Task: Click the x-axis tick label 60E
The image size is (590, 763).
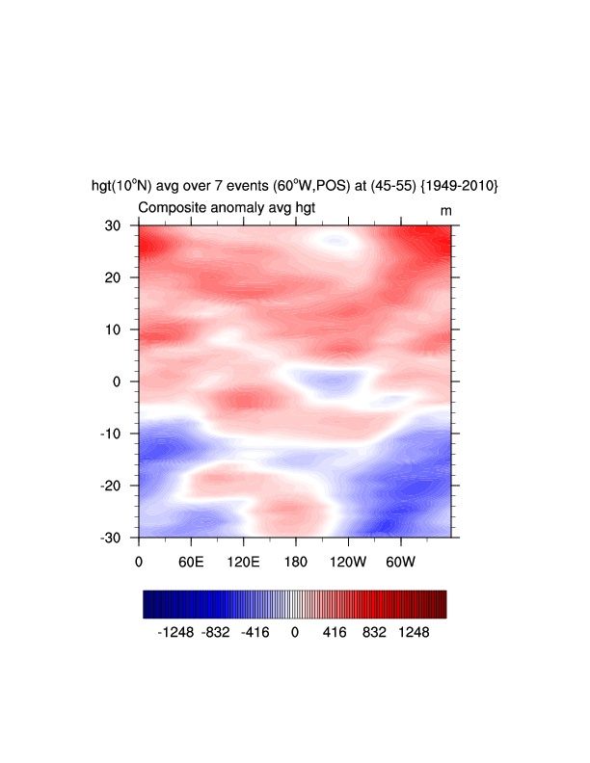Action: point(192,561)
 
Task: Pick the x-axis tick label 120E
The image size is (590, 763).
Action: point(244,561)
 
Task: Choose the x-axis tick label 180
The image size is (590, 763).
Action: point(296,561)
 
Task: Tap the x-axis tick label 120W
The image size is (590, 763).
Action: point(348,561)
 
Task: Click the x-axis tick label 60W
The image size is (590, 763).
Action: point(400,561)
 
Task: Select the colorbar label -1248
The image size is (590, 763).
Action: point(176,633)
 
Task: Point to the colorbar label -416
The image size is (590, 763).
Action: point(255,633)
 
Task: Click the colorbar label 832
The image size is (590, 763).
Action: point(374,633)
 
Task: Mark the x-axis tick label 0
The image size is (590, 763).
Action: point(140,561)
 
